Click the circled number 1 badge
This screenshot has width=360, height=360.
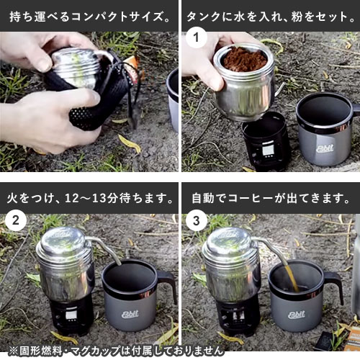pyautogui.click(x=197, y=37)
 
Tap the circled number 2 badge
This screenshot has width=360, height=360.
pyautogui.click(x=16, y=220)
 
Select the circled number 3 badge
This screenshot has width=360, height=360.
pyautogui.click(x=197, y=220)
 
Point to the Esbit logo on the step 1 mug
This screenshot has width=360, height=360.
pyautogui.click(x=325, y=148)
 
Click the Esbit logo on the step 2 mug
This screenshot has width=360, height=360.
pyautogui.click(x=130, y=314)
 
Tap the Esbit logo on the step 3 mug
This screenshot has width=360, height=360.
pyautogui.click(x=297, y=315)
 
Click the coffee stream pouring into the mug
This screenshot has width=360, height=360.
pyautogui.click(x=292, y=279)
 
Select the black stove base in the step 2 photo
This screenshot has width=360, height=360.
pyautogui.click(x=70, y=315)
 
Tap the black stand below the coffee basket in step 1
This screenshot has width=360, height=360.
pyautogui.click(x=265, y=142)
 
